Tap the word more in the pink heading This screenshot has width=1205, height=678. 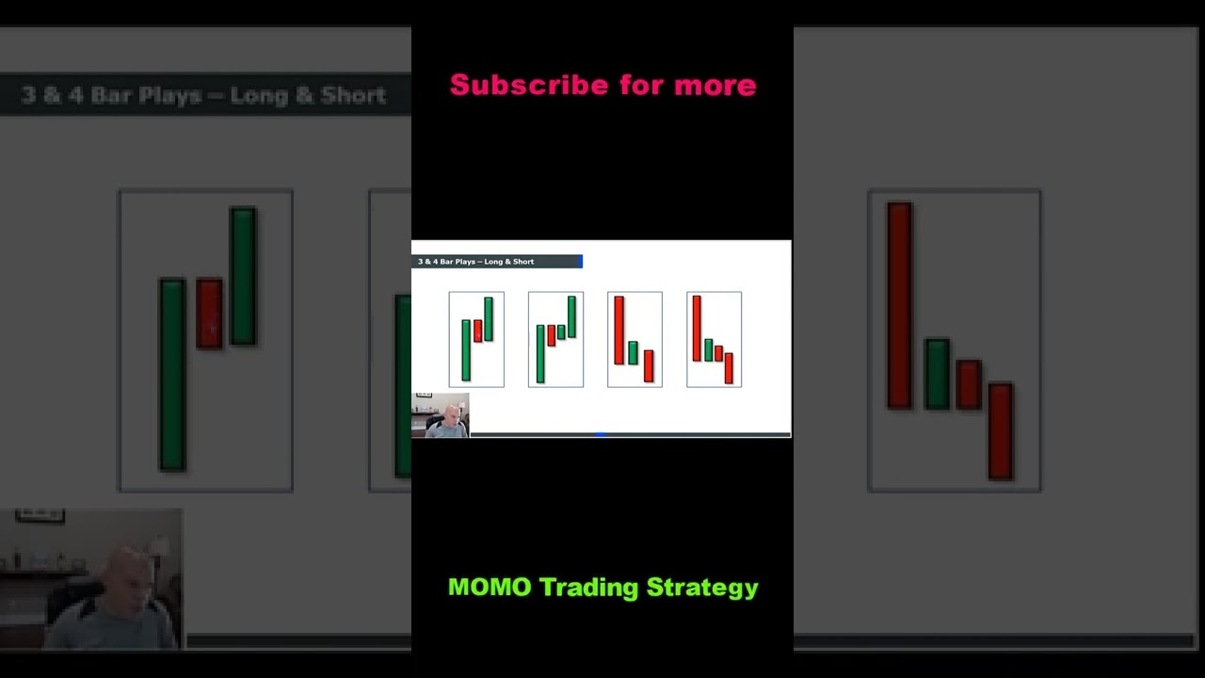[715, 86]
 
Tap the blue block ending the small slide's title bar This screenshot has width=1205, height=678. [581, 262]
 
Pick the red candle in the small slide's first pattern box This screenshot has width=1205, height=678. [477, 331]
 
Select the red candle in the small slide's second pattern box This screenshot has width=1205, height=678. [552, 335]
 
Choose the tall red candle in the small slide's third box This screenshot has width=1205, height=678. [619, 330]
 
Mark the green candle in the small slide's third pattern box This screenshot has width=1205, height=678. [634, 352]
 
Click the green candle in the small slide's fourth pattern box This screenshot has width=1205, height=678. [708, 349]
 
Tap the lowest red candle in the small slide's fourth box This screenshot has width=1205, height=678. [729, 367]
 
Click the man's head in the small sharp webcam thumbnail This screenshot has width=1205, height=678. [451, 415]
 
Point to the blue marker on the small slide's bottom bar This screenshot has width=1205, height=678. [600, 435]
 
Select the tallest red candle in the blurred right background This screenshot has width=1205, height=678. [899, 305]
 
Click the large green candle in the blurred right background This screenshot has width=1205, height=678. [937, 374]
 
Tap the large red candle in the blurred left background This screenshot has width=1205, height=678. [209, 313]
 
